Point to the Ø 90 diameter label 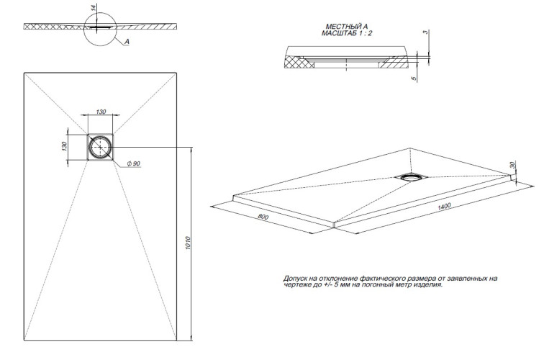(133, 164)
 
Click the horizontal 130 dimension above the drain (100, 112)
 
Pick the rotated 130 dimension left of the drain (65, 146)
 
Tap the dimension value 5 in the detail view (415, 78)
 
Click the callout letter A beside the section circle (127, 42)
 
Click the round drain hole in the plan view (100, 147)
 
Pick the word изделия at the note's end (426, 284)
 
